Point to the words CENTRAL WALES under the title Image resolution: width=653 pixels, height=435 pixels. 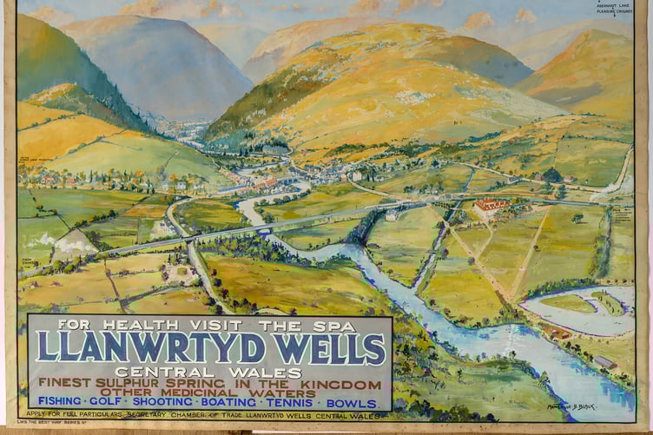point(208,372)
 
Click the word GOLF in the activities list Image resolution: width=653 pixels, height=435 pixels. point(117,402)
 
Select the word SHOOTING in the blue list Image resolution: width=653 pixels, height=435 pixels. point(170,402)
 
